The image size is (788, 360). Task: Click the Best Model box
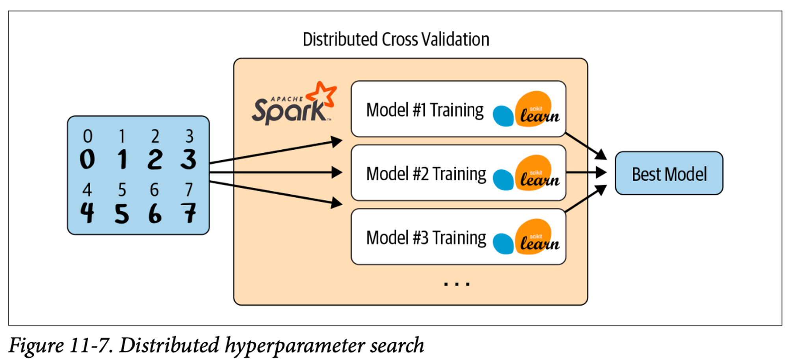[669, 173]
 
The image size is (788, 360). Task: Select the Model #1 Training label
[424, 110]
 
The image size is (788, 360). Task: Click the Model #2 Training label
[426, 174]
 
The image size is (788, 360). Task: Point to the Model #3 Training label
[426, 238]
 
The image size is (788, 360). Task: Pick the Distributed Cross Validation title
[396, 39]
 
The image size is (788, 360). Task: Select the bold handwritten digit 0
[87, 159]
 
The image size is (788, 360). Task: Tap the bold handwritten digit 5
[122, 214]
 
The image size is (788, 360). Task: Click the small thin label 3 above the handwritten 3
[190, 136]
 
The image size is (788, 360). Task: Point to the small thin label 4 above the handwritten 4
[87, 190]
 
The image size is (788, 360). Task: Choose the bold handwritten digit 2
[155, 159]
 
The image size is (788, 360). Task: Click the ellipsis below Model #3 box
[457, 284]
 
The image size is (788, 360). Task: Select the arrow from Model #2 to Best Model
[586, 172]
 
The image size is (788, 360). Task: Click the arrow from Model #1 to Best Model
[586, 146]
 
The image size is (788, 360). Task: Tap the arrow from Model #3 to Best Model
[586, 199]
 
